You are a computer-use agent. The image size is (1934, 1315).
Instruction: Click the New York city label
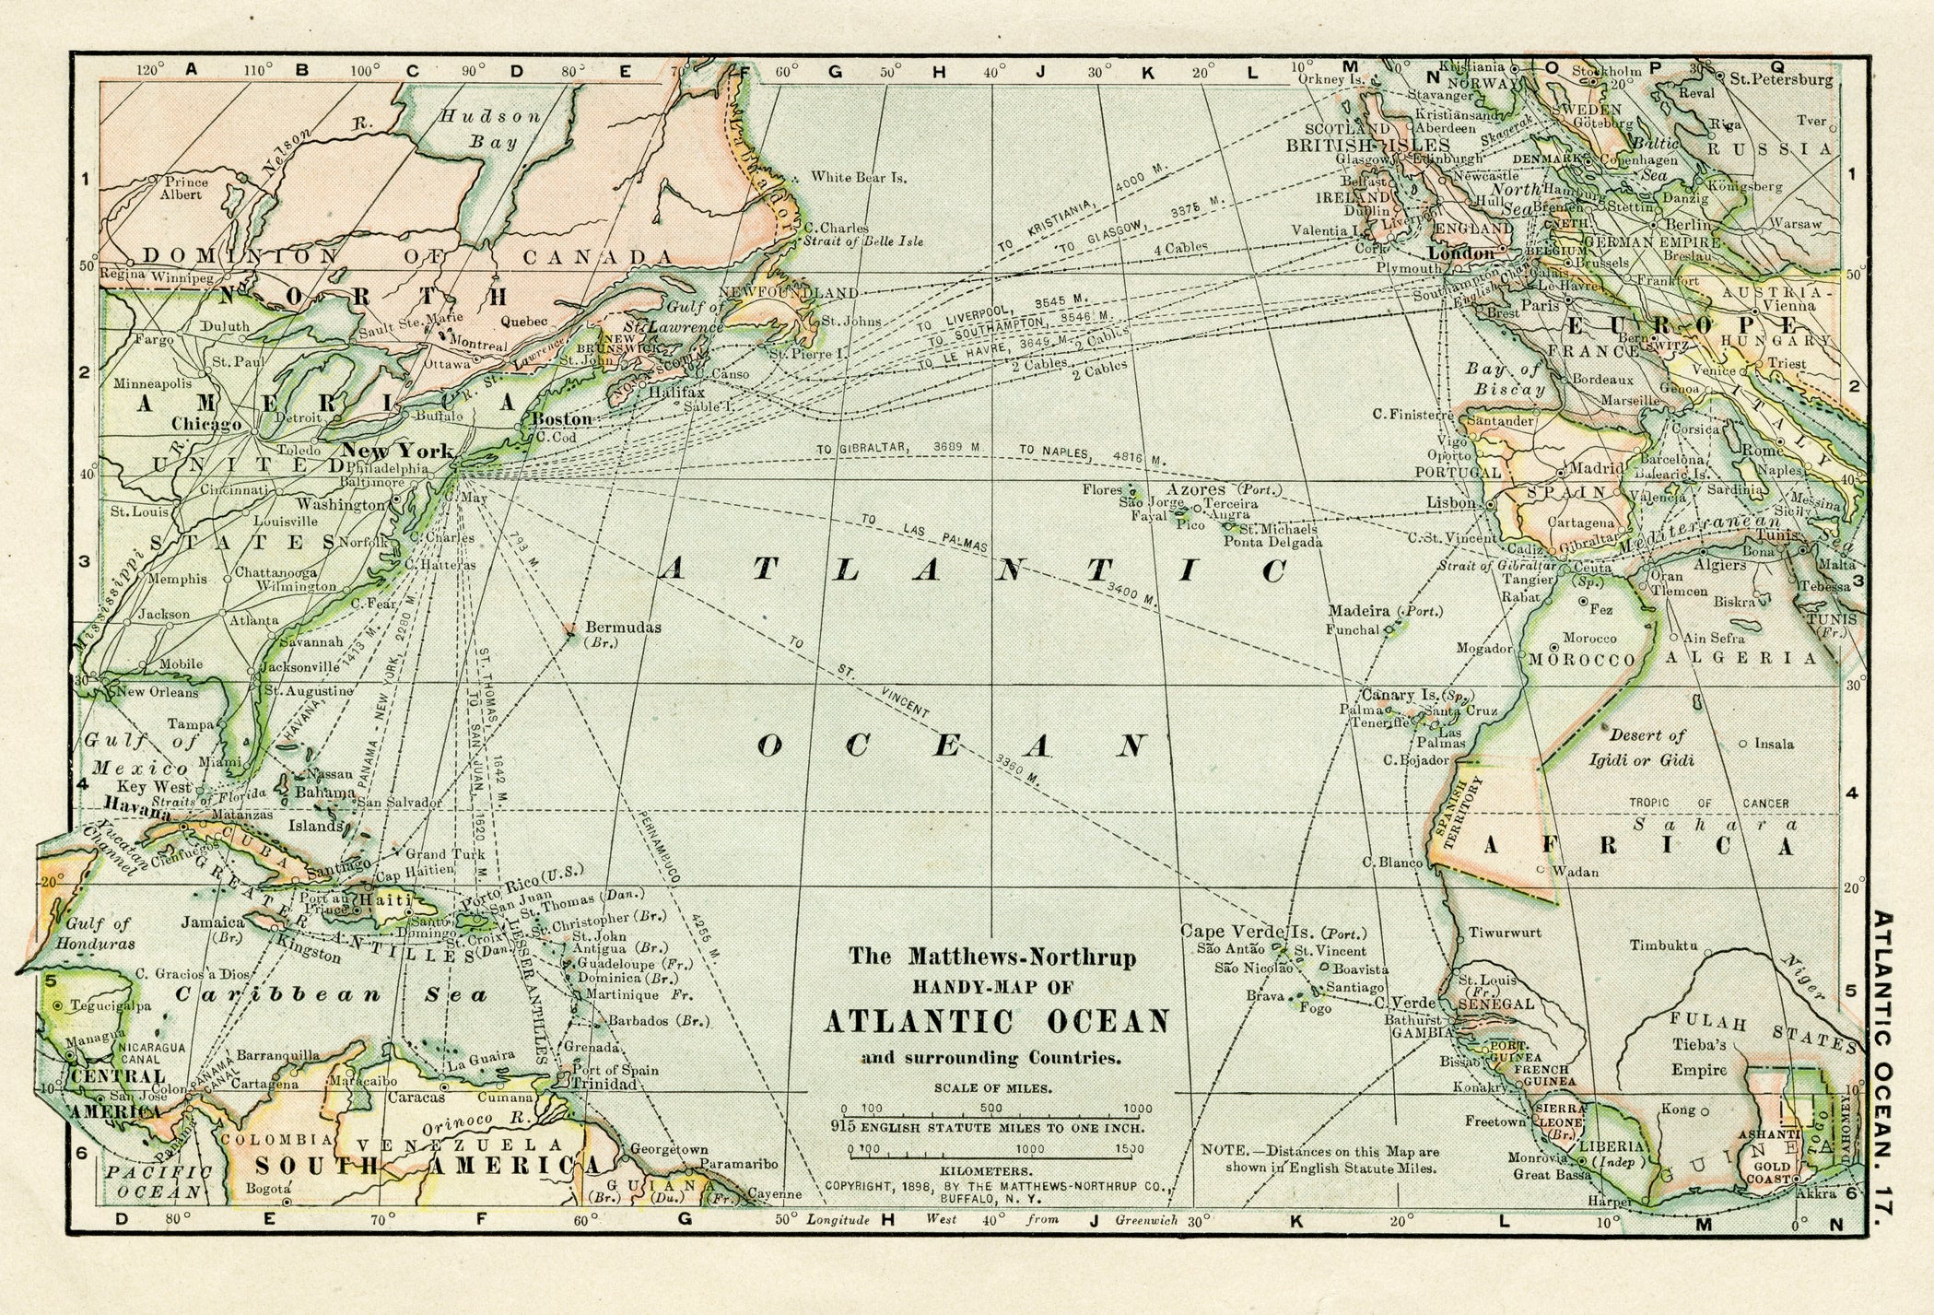[397, 450]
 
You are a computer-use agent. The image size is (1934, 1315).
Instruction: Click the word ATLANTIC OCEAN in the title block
[996, 1022]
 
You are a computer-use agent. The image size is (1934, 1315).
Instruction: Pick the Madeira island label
[1357, 610]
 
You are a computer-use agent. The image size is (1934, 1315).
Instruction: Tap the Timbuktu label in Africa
[1663, 945]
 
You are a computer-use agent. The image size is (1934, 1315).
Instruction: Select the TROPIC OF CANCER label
[1708, 803]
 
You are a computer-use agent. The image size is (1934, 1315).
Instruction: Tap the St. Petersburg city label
[1781, 79]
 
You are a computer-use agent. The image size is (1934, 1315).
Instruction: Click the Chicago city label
[206, 424]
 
